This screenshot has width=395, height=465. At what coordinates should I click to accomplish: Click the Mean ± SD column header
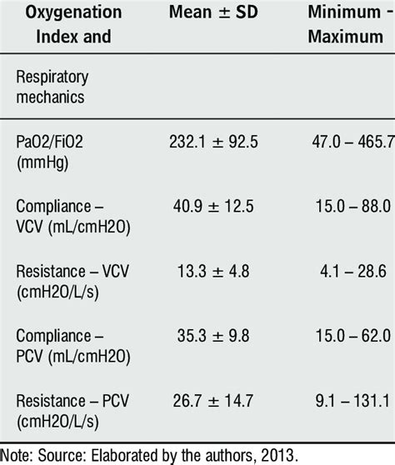pyautogui.click(x=213, y=12)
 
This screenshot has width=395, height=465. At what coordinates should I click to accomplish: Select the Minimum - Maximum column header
pyautogui.click(x=351, y=24)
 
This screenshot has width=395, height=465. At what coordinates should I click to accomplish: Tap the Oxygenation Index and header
pyautogui.click(x=73, y=24)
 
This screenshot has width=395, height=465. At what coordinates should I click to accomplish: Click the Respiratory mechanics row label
pyautogui.click(x=52, y=87)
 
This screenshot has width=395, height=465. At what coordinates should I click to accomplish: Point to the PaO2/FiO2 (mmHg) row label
pyautogui.click(x=49, y=152)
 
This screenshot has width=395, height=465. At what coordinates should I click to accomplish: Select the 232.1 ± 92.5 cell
pyautogui.click(x=213, y=142)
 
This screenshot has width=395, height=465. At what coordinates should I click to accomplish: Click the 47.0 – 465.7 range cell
pyautogui.click(x=352, y=142)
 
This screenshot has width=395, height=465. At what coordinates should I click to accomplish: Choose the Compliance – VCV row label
pyautogui.click(x=73, y=217)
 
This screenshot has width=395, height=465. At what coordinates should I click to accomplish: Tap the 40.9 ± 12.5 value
pyautogui.click(x=213, y=207)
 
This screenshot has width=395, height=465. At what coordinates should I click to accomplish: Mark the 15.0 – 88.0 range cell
pyautogui.click(x=352, y=207)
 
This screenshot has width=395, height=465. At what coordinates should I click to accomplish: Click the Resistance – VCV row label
pyautogui.click(x=72, y=282)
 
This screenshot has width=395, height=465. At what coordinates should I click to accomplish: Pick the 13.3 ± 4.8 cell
pyautogui.click(x=213, y=272)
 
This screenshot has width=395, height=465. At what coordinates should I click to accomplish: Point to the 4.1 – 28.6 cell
pyautogui.click(x=352, y=272)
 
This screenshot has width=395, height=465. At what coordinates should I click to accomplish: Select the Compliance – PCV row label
pyautogui.click(x=73, y=346)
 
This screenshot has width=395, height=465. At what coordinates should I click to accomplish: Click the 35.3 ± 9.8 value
pyautogui.click(x=213, y=336)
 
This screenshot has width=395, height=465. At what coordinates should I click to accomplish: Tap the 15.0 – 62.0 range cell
pyautogui.click(x=352, y=336)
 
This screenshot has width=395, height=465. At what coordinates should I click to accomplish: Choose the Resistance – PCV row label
pyautogui.click(x=72, y=411)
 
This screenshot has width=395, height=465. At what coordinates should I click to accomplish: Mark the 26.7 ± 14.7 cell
pyautogui.click(x=213, y=401)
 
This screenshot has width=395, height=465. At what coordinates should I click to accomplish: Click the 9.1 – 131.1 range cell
pyautogui.click(x=352, y=401)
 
